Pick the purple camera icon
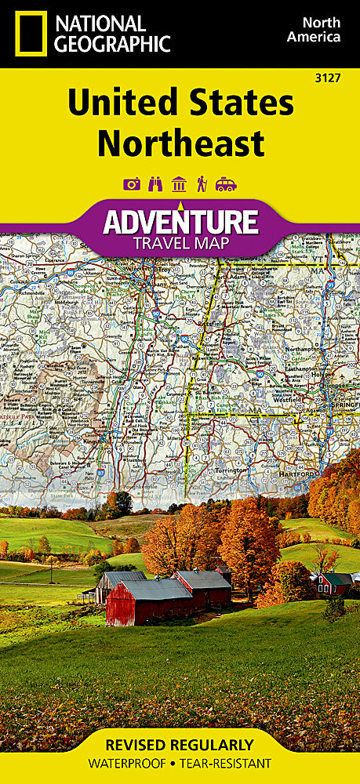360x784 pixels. click(x=132, y=184)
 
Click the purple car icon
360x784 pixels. click(x=226, y=184)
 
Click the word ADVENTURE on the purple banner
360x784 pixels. click(x=180, y=222)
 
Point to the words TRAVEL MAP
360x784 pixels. click(x=180, y=242)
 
